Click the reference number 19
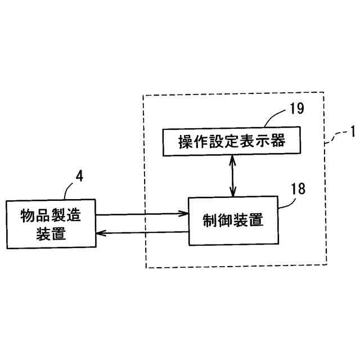coord(296,109)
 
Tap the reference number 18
coord(298,188)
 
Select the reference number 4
coord(79,175)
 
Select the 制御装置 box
coord(233,220)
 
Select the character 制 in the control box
coord(210,220)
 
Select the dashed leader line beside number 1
coord(335,138)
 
